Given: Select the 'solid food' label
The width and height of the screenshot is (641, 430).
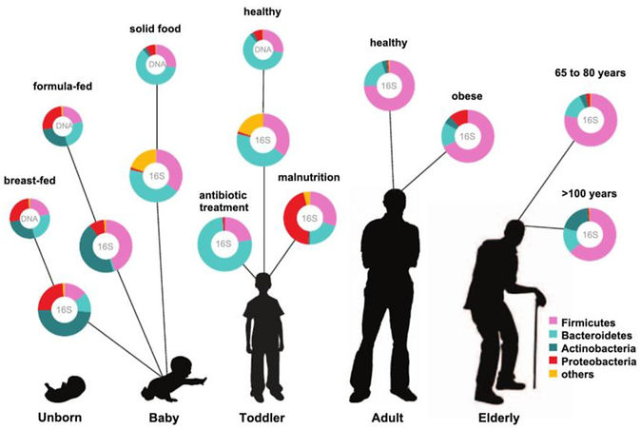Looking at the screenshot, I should point(155,29).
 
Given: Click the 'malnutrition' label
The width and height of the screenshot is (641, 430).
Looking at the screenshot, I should point(308,178).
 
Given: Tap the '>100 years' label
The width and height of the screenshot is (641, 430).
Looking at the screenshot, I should point(590,193).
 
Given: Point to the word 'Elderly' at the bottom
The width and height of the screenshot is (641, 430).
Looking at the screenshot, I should point(500,417).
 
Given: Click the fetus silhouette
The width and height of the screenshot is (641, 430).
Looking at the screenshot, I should point(66,385).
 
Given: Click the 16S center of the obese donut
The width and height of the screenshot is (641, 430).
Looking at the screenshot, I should point(467,136).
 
